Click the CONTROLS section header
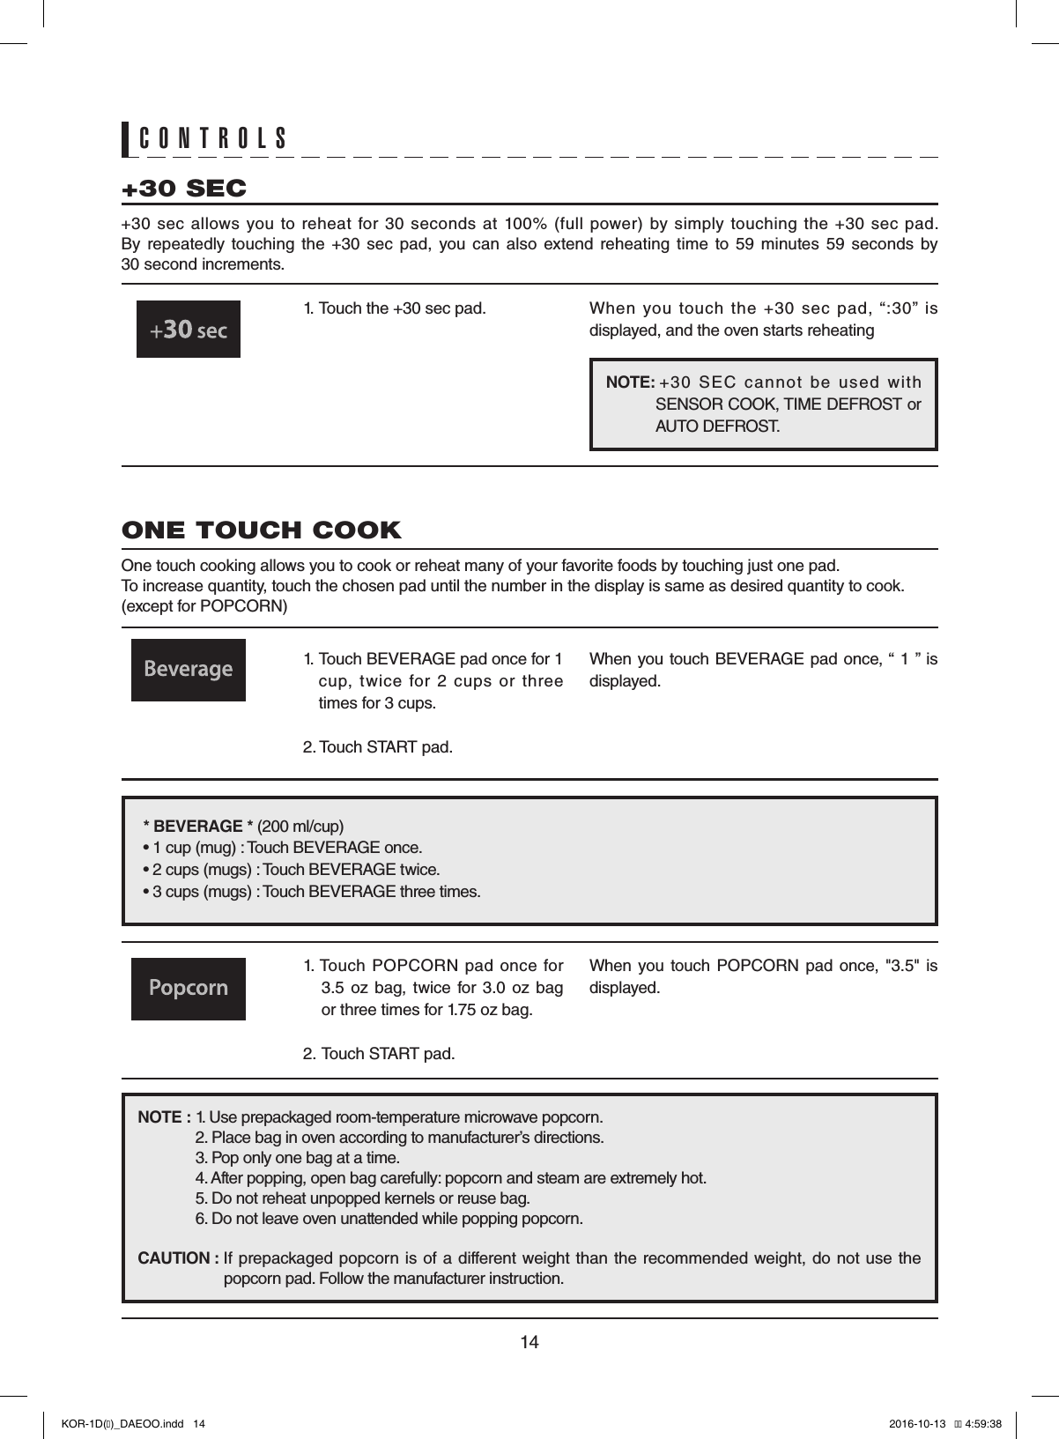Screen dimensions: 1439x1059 (x=213, y=138)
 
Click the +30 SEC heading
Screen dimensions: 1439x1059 (x=184, y=189)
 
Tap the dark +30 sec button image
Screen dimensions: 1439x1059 (x=188, y=330)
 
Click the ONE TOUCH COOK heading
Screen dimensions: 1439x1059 (x=261, y=530)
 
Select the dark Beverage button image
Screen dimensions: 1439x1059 (x=188, y=670)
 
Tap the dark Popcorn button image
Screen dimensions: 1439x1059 (x=188, y=988)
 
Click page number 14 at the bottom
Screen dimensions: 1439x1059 (x=529, y=1342)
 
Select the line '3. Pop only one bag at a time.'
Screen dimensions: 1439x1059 (x=297, y=1157)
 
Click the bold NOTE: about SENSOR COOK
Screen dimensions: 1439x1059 (x=629, y=382)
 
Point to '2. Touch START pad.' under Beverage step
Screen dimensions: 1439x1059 (x=378, y=747)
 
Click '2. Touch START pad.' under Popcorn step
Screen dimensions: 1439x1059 (x=379, y=1054)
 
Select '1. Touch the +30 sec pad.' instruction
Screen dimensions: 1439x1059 (x=394, y=308)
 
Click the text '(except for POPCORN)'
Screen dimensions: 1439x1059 (x=204, y=608)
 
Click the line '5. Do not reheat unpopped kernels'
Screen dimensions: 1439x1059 (x=362, y=1198)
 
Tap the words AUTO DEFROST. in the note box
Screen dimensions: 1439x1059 (x=717, y=427)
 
